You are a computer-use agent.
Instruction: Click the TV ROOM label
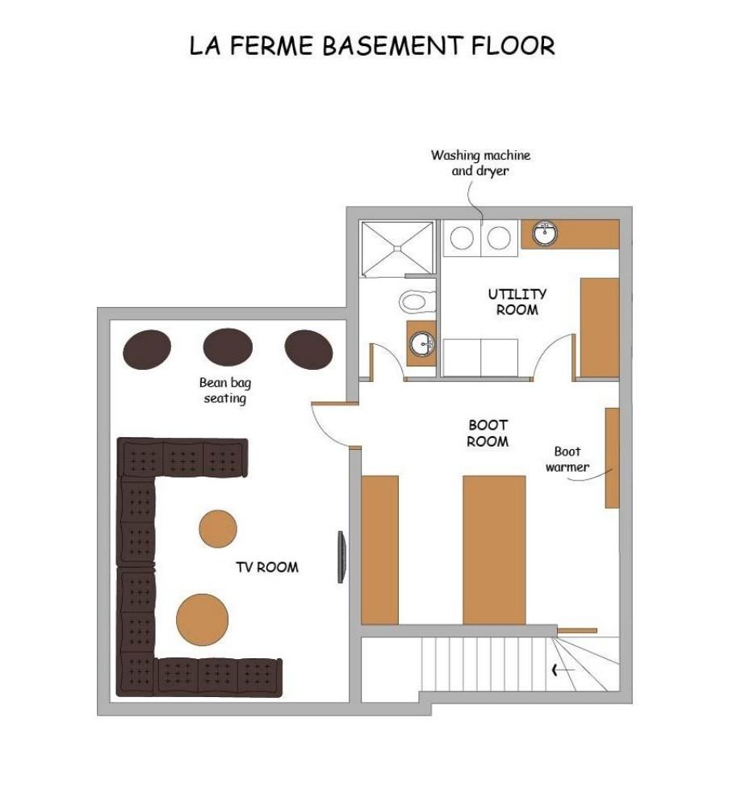tap(267, 567)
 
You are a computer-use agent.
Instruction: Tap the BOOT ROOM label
tap(488, 433)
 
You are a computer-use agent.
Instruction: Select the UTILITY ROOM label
tap(517, 302)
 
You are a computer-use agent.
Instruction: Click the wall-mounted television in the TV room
tap(341, 557)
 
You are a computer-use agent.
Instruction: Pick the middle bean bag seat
tap(228, 347)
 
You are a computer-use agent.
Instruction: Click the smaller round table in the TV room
tap(218, 529)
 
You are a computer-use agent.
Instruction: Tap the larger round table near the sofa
tap(203, 620)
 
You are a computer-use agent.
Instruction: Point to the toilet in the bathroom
tap(417, 302)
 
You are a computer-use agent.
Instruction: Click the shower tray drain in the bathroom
tap(398, 249)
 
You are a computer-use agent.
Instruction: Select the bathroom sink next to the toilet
tap(421, 344)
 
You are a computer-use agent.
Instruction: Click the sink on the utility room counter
tap(545, 233)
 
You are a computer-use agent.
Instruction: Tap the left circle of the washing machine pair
tap(462, 238)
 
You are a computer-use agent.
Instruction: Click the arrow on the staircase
tap(563, 670)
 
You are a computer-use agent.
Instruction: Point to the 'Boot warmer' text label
tap(567, 460)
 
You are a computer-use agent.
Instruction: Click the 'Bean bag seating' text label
tap(224, 390)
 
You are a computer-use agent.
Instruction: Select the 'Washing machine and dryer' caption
tap(480, 163)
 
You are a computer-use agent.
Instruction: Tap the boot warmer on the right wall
tap(613, 458)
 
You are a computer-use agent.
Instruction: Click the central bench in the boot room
tap(495, 550)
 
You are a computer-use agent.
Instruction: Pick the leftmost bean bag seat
tap(147, 349)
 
